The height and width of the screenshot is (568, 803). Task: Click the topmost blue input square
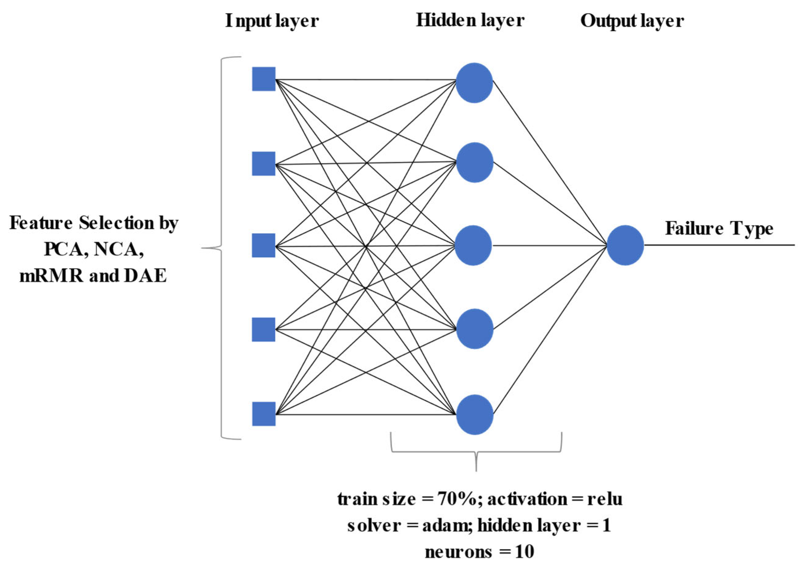tap(264, 79)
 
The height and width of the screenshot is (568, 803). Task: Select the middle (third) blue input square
tap(264, 245)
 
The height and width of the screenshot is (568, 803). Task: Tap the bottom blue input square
tap(264, 414)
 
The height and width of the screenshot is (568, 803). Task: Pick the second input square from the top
tap(264, 164)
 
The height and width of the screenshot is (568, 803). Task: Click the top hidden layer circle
tap(474, 83)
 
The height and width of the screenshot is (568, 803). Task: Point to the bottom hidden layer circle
tap(474, 415)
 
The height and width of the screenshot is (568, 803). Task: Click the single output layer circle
tap(625, 245)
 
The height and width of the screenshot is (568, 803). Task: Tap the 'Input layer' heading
tap(272, 21)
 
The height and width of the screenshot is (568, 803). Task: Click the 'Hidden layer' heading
tap(470, 20)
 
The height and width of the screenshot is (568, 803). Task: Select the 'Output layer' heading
tap(632, 21)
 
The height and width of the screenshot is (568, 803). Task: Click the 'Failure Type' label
tap(719, 229)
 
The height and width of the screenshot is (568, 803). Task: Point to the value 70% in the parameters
tap(457, 499)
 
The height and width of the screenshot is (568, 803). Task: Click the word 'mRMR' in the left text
tap(52, 276)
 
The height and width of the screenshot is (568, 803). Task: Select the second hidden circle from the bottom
tap(474, 329)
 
